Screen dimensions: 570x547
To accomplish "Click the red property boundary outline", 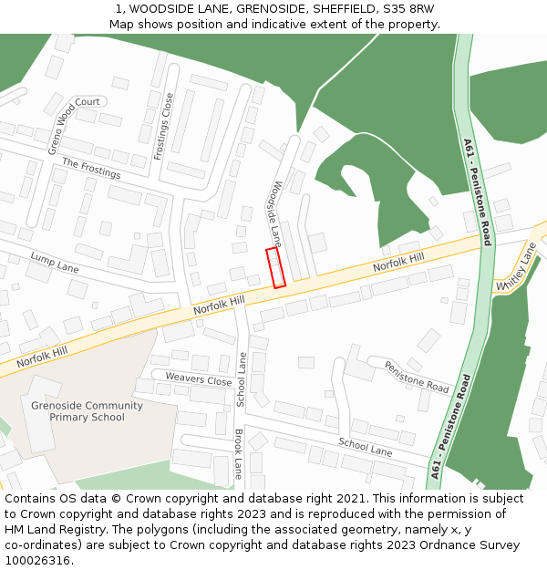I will pos(275,267).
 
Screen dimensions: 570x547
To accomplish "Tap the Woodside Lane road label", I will pos(274,212).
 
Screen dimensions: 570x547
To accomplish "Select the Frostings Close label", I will pos(164,127).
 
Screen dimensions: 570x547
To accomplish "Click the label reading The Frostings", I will pos(91,168).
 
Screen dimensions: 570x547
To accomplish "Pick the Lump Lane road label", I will pos(55,263).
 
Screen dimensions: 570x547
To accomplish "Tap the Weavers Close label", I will pos(199,378).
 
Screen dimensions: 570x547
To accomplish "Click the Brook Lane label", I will pos(239,453).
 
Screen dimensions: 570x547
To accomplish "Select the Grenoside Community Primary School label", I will pos(88,411).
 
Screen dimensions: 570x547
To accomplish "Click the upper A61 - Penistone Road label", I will pos(477,192).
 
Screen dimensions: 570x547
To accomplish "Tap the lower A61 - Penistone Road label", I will pos(450,426).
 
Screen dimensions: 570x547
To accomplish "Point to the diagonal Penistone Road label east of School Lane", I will pos(416,376).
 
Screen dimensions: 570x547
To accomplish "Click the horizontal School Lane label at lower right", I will pos(365,447).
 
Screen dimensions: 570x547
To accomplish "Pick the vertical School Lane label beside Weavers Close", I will pos(242,378).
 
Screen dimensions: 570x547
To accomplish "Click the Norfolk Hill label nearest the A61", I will pos(398,264).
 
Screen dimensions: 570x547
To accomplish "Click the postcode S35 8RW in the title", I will pos(409,9).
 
